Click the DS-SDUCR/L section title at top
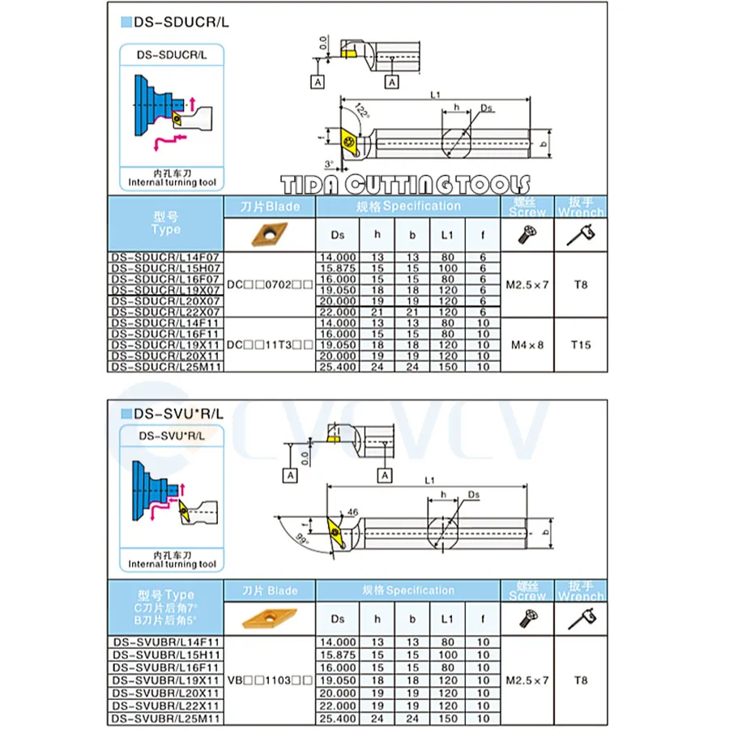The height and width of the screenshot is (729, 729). tap(181, 22)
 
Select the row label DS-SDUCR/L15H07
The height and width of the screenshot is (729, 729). tap(165, 267)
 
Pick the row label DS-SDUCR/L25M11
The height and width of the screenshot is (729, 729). tap(165, 366)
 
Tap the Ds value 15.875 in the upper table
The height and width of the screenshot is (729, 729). tap(338, 267)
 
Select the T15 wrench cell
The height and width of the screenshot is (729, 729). tap(580, 344)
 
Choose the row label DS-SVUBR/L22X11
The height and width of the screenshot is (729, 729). tap(165, 707)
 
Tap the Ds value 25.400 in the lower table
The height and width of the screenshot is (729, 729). tap(338, 718)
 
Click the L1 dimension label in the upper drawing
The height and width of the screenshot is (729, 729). tap(437, 95)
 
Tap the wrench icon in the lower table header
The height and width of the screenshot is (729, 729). tap(580, 620)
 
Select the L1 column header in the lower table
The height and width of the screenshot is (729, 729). tap(447, 620)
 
